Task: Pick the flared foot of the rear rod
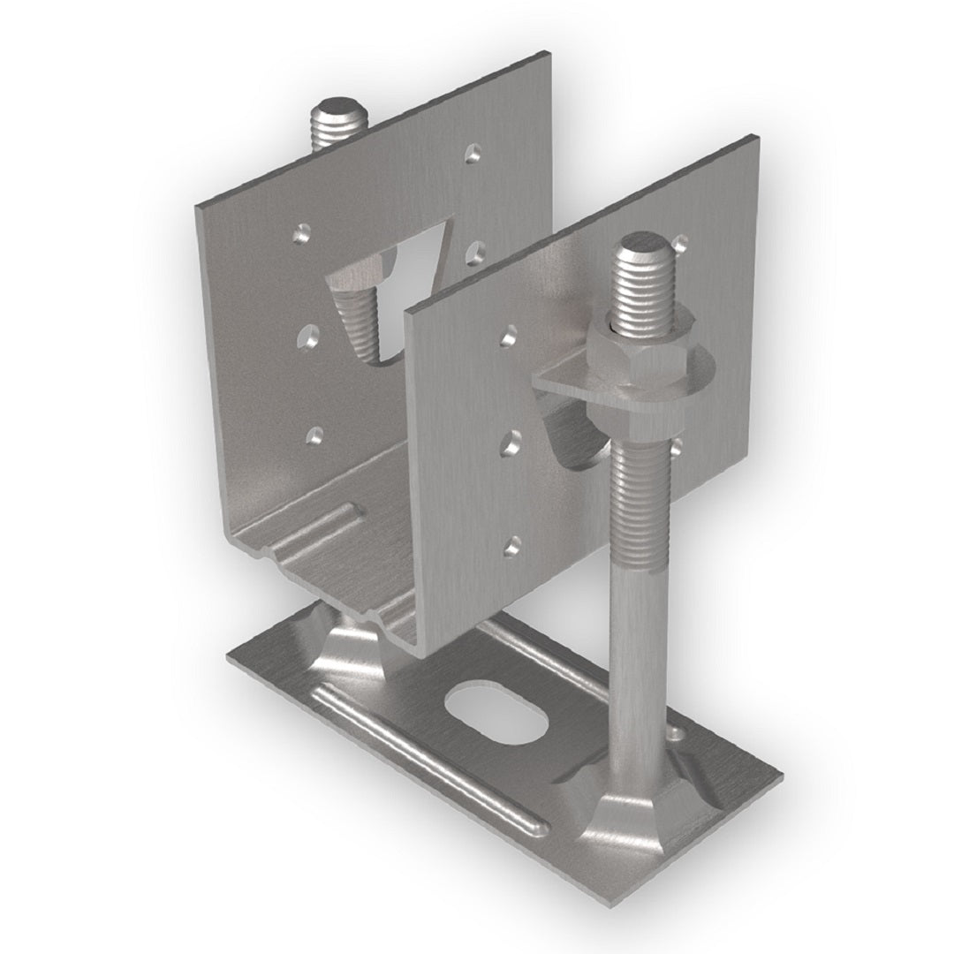(353, 649)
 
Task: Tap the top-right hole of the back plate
(476, 151)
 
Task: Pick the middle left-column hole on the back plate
(310, 335)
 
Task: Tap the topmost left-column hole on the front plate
(508, 335)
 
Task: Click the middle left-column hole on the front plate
(511, 443)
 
